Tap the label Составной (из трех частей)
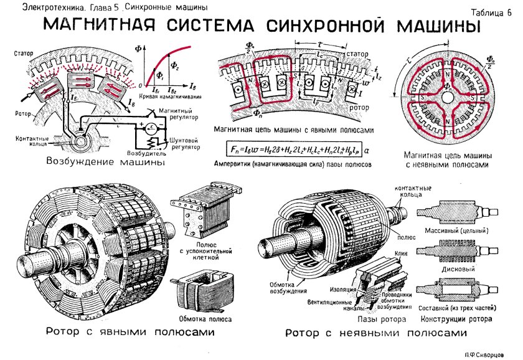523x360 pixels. click(x=461, y=308)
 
